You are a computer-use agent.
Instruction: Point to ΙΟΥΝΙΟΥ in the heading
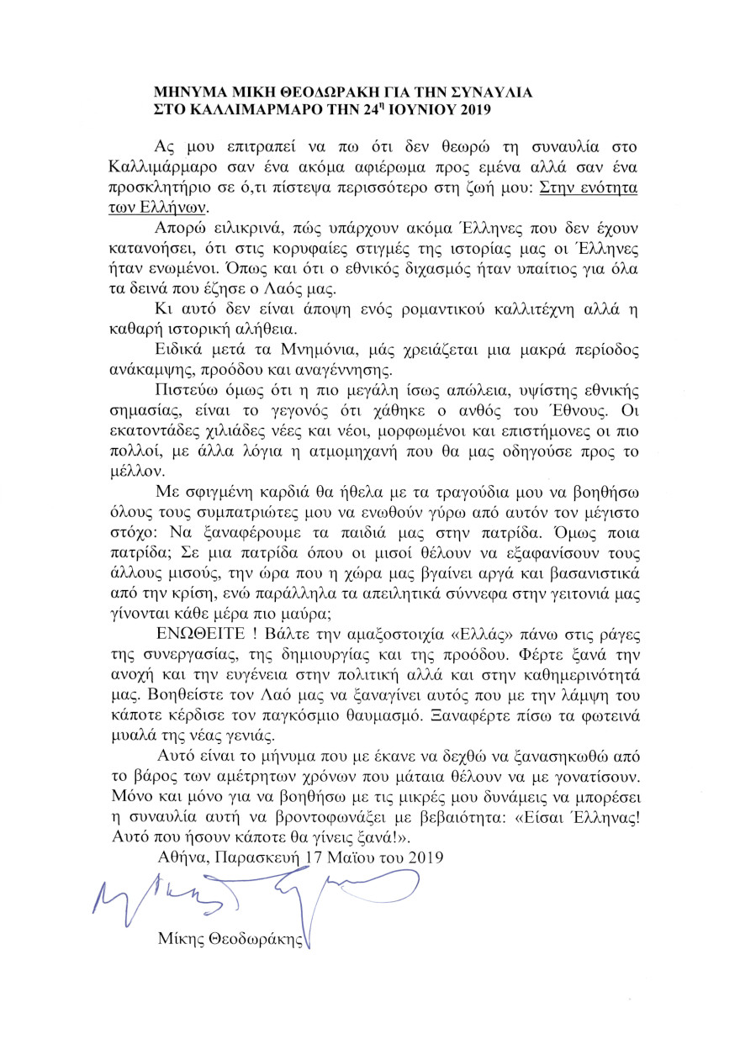[x=420, y=108]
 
